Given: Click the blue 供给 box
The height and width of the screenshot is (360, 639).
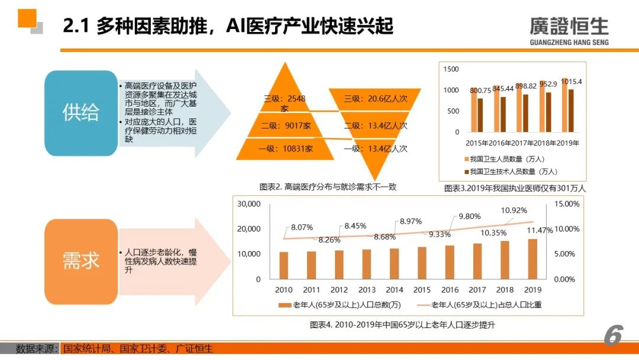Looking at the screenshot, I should tap(80, 113).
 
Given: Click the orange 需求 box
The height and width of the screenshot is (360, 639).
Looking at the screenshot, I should tap(80, 261).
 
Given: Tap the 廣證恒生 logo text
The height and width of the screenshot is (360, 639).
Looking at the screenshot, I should tap(569, 26).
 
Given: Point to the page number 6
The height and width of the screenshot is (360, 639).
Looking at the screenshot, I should tap(614, 336).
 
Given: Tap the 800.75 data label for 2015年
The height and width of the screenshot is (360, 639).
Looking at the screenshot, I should tap(480, 91).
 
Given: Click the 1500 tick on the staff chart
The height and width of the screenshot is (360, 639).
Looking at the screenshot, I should tap(451, 69).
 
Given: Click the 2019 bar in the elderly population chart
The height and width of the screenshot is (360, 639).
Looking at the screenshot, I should tap(532, 259).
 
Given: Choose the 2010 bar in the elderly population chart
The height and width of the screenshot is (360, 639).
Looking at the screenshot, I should tap(284, 265).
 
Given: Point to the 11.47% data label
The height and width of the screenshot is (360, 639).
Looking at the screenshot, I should tap(541, 230).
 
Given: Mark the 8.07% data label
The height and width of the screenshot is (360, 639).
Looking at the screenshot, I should tap(302, 227).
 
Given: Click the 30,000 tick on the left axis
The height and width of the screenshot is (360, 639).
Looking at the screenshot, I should tap(248, 204).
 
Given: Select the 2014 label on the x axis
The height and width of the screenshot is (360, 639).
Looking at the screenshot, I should tap(394, 290).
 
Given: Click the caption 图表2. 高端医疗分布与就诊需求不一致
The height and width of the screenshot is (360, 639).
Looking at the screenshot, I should tap(328, 187).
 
